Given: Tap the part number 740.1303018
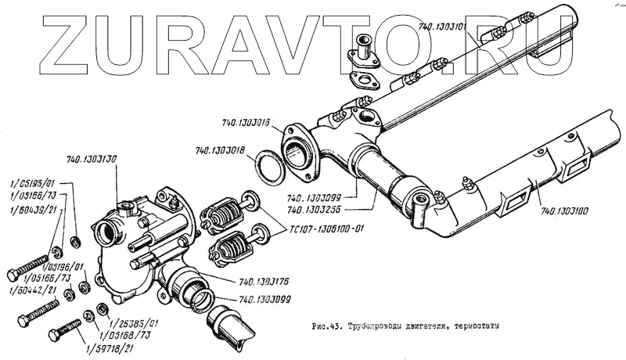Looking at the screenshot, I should [222, 151].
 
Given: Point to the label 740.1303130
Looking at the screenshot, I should [92, 160].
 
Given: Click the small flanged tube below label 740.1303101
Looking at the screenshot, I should [364, 51].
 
